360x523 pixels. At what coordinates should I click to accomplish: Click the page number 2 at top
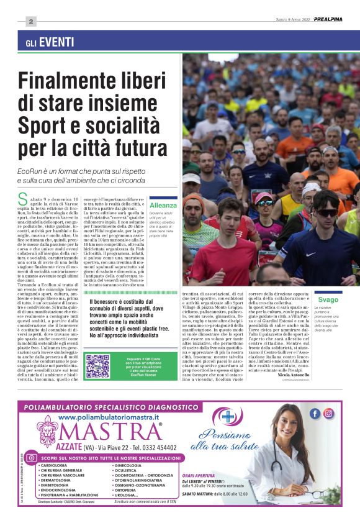[x=30, y=20]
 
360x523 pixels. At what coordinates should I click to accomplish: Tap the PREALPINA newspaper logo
[x=330, y=19]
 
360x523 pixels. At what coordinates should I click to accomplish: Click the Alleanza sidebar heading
[x=163, y=205]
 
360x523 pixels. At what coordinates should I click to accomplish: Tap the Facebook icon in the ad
[x=315, y=414]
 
